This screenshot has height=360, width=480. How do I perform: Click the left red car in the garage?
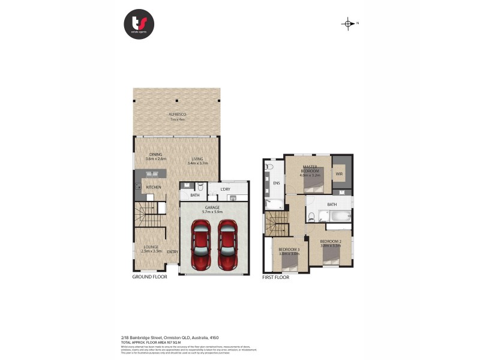[200, 245]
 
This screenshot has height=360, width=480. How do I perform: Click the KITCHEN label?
[154, 187]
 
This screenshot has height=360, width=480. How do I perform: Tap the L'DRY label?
[226, 190]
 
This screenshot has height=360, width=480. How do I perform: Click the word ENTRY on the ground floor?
[173, 252]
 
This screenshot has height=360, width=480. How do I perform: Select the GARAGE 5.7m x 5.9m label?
[214, 209]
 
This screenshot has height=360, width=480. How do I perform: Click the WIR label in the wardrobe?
[339, 174]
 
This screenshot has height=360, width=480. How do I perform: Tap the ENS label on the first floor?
[277, 183]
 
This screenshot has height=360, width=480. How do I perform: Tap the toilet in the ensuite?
[269, 166]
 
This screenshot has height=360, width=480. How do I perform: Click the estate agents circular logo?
[139, 24]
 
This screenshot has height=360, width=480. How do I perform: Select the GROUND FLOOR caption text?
[149, 278]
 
